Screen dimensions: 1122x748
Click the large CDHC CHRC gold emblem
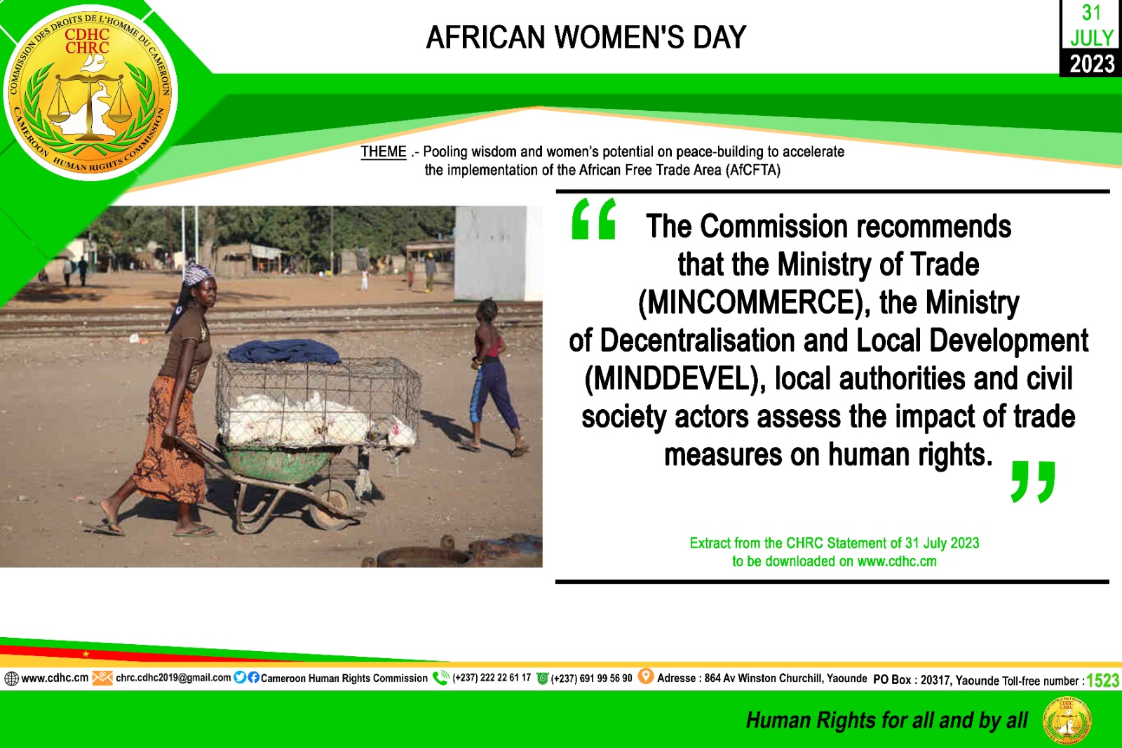coord(90,93)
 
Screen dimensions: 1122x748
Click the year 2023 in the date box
coord(1092,64)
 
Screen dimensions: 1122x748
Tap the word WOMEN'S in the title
coord(619,37)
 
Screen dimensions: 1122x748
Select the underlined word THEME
coord(384,152)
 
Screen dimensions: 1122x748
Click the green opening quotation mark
coord(593,219)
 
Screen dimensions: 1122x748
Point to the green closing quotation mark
coord(1033,482)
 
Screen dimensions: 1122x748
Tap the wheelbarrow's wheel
coord(332,503)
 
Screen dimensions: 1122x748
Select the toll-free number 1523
coord(1103,681)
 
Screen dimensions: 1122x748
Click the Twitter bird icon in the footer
coord(240,677)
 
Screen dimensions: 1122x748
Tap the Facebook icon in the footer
coord(253,677)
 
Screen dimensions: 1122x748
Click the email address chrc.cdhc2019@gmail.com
coord(173,678)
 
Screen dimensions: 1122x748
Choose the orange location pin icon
coord(646,676)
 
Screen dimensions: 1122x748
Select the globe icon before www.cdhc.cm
coord(11,679)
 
